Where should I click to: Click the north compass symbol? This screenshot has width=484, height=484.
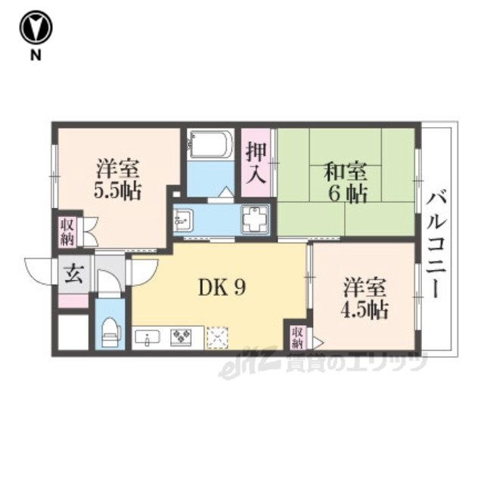36,28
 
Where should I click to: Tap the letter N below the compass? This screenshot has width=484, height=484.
36,55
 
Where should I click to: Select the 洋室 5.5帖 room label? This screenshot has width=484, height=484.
117,179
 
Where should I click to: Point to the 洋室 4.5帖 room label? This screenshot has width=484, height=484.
365,299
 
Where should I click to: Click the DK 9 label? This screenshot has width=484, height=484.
222,288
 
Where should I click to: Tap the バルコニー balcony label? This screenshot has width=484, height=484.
436,245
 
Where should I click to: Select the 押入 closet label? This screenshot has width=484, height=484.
256,163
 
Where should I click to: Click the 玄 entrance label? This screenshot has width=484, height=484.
74,274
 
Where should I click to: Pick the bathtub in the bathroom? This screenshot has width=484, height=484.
211,144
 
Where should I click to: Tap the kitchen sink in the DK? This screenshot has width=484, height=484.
147,338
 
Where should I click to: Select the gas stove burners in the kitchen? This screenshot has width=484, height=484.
181,337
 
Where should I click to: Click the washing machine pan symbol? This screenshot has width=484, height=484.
255,219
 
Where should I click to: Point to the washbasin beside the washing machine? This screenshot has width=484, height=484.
183,220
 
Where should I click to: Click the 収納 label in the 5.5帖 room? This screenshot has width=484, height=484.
67,232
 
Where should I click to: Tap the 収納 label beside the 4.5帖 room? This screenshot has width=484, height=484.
297,338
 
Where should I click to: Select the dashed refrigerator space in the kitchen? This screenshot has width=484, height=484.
218,338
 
